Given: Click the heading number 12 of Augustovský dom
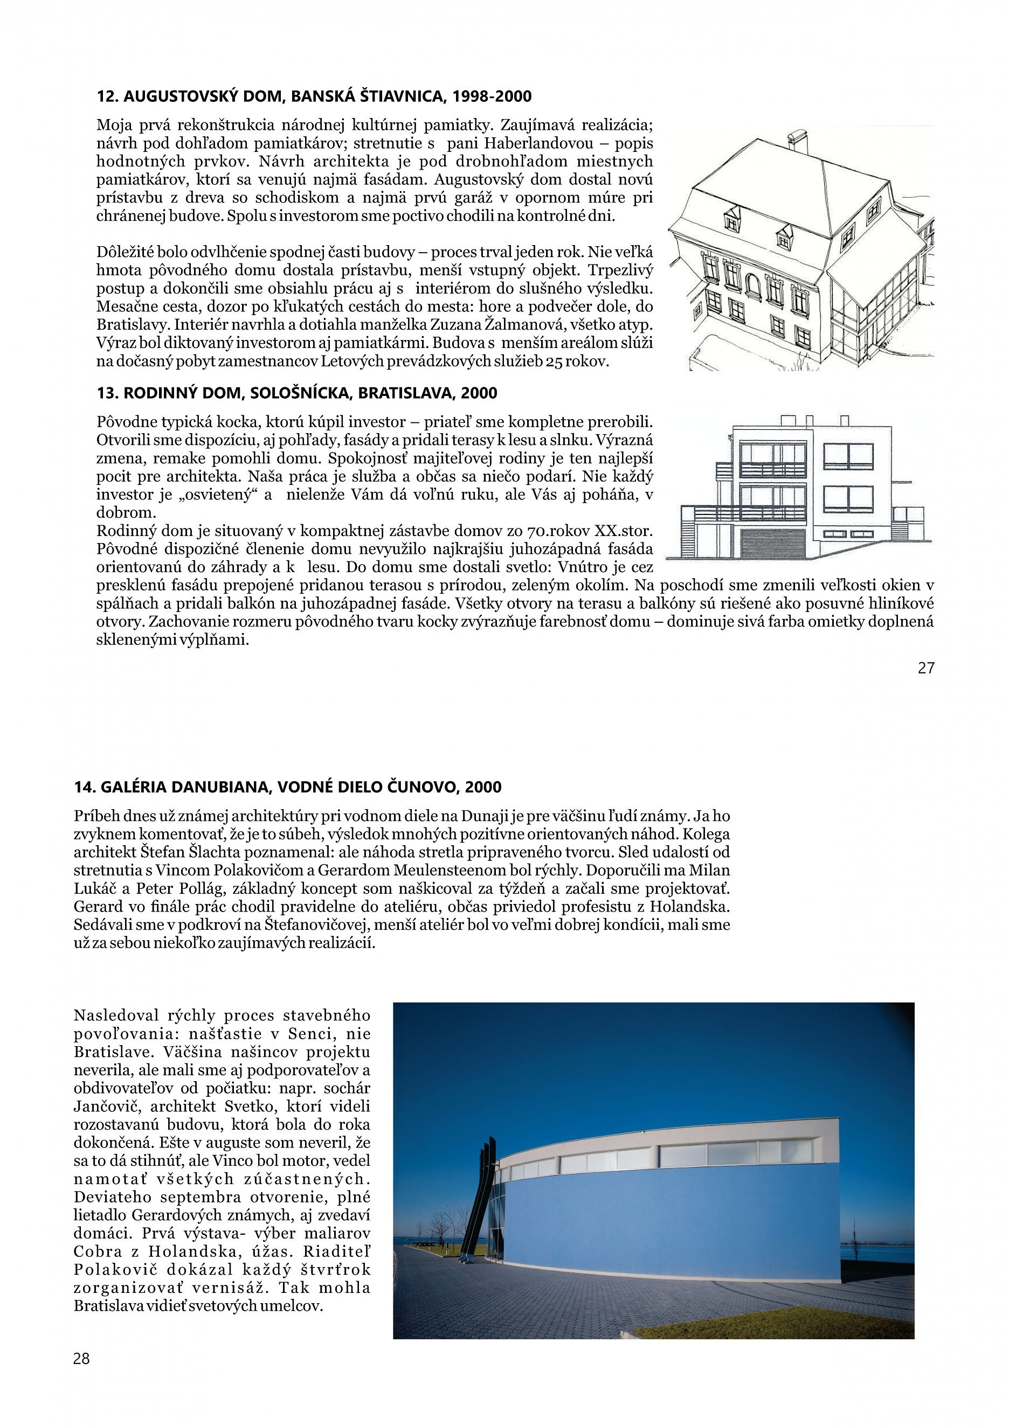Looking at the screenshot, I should click(107, 97).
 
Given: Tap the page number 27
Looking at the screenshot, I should click(925, 668).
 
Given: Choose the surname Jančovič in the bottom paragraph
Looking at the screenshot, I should click(102, 1106).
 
